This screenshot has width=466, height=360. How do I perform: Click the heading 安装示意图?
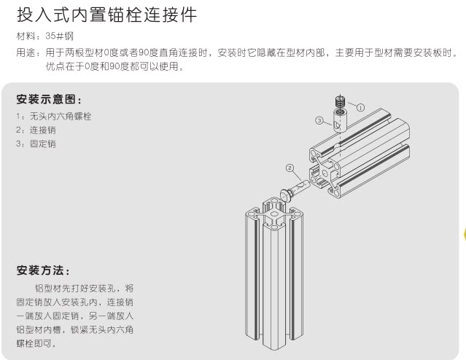click(x=48, y=99)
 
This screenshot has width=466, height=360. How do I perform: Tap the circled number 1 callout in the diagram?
click(x=360, y=106)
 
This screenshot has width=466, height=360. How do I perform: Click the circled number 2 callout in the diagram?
click(x=290, y=168)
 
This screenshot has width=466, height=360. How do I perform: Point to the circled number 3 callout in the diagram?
click(x=319, y=119)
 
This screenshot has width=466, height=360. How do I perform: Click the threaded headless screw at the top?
click(x=339, y=101)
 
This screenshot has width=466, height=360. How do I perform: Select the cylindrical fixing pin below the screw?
click(x=340, y=120)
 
